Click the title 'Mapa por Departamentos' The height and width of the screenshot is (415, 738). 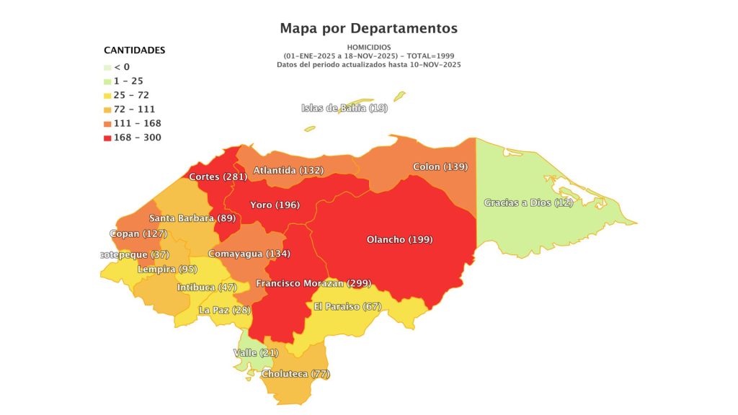pyautogui.click(x=368, y=28)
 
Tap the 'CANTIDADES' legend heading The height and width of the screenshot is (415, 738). pyautogui.click(x=135, y=50)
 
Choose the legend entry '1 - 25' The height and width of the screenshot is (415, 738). pyautogui.click(x=128, y=81)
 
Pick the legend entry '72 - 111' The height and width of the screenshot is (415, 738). pyautogui.click(x=133, y=109)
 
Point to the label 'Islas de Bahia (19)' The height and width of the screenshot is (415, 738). pyautogui.click(x=344, y=108)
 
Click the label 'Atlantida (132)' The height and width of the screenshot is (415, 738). pyautogui.click(x=288, y=170)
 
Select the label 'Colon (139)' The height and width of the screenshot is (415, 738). pyautogui.click(x=440, y=166)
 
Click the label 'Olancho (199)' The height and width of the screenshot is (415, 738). pyautogui.click(x=399, y=239)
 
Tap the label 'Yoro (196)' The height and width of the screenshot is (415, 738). pyautogui.click(x=275, y=205)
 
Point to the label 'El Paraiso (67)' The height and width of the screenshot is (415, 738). pyautogui.click(x=347, y=306)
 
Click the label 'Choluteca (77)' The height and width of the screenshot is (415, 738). pyautogui.click(x=295, y=374)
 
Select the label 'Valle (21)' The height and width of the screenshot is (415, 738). pyautogui.click(x=256, y=352)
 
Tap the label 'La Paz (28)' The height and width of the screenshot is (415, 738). pyautogui.click(x=224, y=310)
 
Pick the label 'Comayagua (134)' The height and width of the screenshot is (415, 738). pyautogui.click(x=249, y=254)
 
